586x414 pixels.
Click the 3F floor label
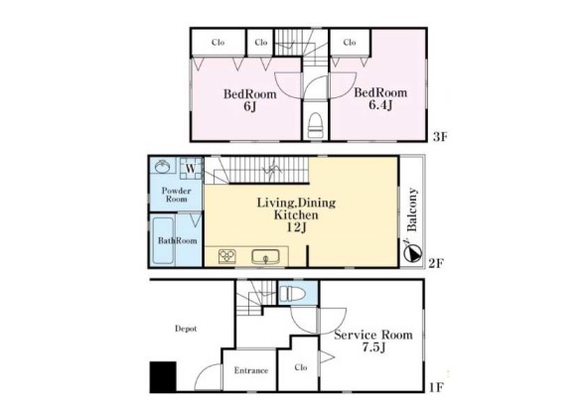coord(440,137)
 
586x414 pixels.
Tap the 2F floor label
coord(436,264)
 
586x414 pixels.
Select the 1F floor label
coord(436,387)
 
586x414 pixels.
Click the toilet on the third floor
coord(315,125)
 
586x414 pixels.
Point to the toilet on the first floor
coord(292,293)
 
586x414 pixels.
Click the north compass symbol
coord(412,252)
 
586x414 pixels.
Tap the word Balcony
coord(411,209)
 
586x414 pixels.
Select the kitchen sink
coord(265,257)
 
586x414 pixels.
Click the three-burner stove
coord(226,256)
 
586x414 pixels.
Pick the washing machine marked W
coord(191,169)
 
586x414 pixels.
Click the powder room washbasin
coord(163,166)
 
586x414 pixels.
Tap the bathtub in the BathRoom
coord(163,240)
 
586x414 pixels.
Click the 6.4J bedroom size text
coord(380,105)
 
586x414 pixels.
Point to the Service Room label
coord(373,335)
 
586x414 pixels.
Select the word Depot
coord(186,329)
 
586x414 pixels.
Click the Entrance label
coord(251,370)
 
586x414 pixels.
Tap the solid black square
coord(163,376)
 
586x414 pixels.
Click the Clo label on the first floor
coord(301,367)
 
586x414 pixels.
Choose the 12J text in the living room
coord(296,227)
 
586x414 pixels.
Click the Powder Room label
coord(177,195)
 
